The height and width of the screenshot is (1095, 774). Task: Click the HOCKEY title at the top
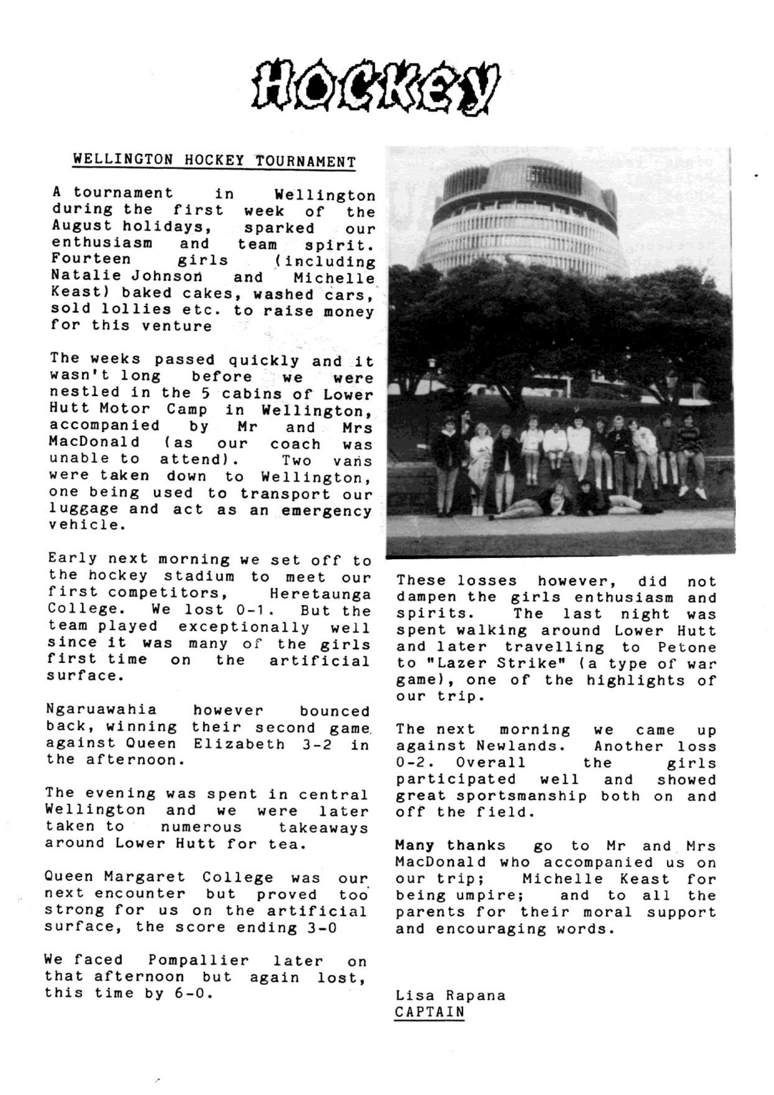(x=376, y=88)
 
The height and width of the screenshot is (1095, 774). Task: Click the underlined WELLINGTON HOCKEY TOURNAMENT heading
(x=214, y=161)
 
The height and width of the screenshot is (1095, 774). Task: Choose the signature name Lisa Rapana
(x=450, y=996)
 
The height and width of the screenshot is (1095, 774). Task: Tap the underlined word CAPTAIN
(x=429, y=1012)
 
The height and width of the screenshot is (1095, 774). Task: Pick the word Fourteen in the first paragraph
(x=91, y=260)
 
